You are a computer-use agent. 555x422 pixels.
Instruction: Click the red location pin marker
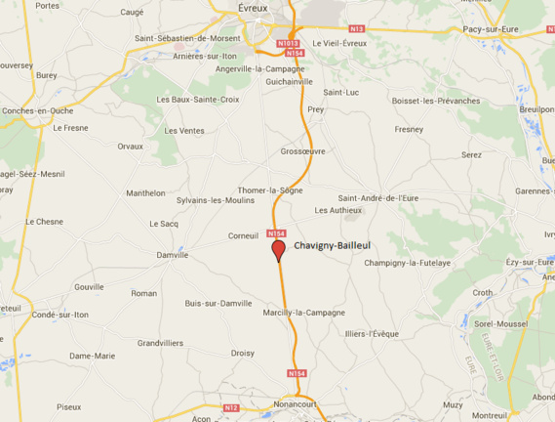pyautogui.click(x=278, y=250)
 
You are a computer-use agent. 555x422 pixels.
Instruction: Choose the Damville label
pyautogui.click(x=172, y=255)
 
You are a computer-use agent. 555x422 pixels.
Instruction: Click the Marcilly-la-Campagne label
pyautogui.click(x=303, y=313)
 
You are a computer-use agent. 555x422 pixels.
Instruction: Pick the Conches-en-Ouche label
pyautogui.click(x=38, y=110)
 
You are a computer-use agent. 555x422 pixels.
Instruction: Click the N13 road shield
pyautogui.click(x=356, y=29)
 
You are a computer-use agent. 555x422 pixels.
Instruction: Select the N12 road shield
pyautogui.click(x=231, y=407)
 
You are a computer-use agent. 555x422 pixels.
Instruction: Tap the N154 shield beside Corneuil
pyautogui.click(x=277, y=233)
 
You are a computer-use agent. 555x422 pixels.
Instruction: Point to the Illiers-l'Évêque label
pyautogui.click(x=372, y=334)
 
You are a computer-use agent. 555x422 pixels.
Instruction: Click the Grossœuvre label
pyautogui.click(x=302, y=151)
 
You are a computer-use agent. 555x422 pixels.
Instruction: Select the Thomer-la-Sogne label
pyautogui.click(x=270, y=190)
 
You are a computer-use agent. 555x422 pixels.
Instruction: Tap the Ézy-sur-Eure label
pyautogui.click(x=530, y=262)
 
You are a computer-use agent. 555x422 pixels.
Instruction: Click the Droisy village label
pyautogui.click(x=243, y=353)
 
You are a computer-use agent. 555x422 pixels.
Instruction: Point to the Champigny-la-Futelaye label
pyautogui.click(x=407, y=263)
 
